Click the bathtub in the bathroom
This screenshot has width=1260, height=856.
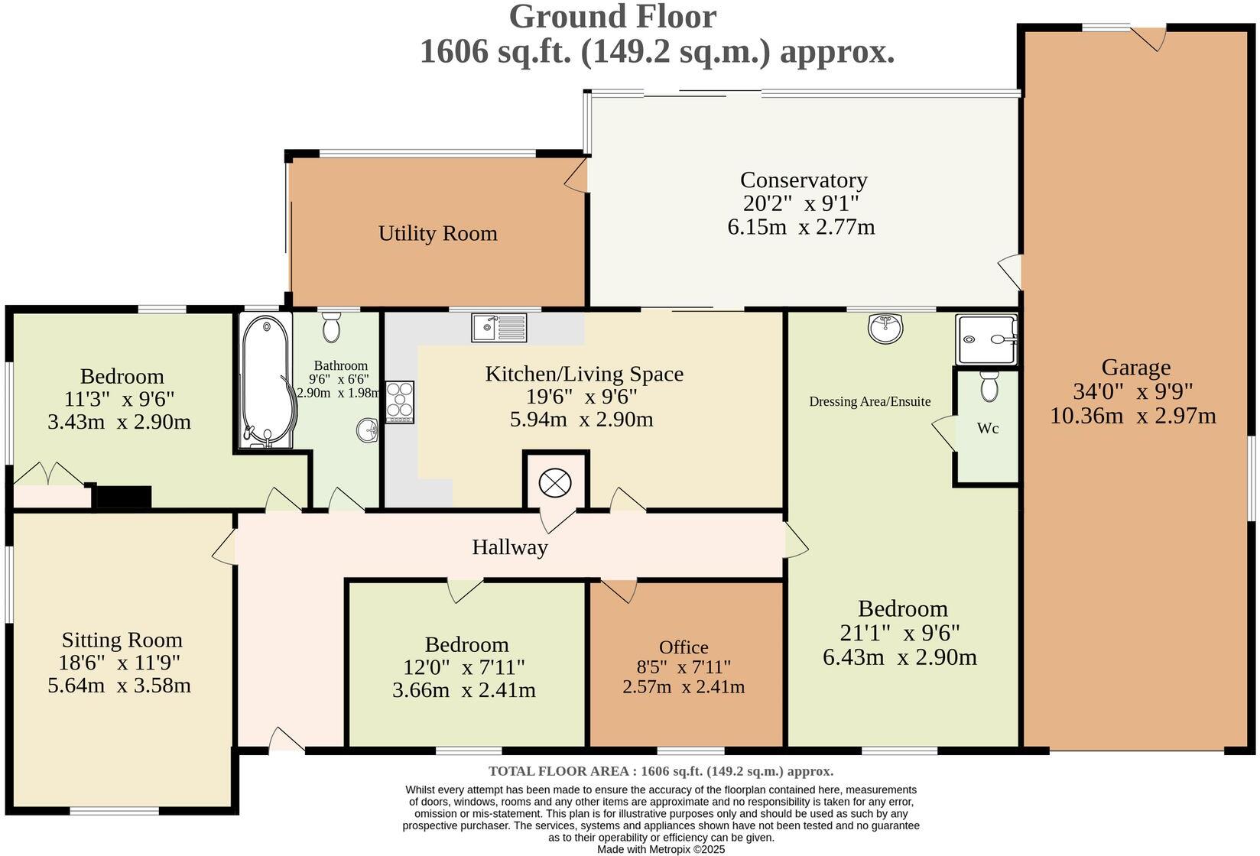(265, 380)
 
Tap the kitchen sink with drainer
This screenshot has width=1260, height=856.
(499, 328)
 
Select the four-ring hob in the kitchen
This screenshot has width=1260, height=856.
(400, 401)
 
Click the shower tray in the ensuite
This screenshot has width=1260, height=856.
(986, 339)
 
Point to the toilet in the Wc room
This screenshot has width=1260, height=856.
(989, 387)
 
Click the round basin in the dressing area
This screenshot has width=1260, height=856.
(885, 329)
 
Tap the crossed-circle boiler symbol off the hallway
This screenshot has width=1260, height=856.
(554, 482)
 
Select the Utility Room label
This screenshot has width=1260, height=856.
(437, 233)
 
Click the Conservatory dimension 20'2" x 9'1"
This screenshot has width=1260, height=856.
(800, 203)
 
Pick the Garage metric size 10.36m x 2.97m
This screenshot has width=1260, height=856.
(1132, 416)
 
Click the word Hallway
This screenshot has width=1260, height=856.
(509, 547)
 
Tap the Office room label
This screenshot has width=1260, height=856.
(684, 647)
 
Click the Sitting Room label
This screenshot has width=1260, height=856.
(122, 640)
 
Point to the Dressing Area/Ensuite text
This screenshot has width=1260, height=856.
(869, 401)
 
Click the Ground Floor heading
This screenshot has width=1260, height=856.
(612, 17)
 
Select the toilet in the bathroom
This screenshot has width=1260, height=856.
(331, 328)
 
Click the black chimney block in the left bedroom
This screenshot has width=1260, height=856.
(123, 498)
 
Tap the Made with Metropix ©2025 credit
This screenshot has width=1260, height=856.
(661, 848)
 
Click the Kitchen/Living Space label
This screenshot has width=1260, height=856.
(584, 374)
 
